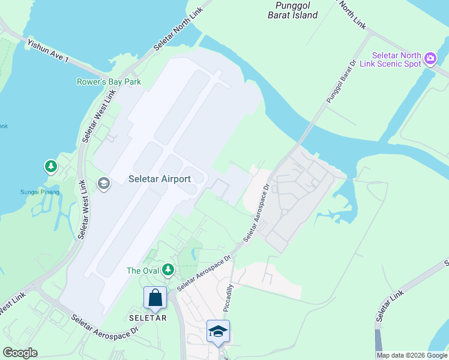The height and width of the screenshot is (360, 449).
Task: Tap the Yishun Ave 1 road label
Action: (48, 52)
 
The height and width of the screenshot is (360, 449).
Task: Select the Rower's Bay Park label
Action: (109, 82)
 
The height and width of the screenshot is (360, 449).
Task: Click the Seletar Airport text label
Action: (160, 179)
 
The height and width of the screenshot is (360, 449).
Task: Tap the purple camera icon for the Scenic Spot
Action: (430, 59)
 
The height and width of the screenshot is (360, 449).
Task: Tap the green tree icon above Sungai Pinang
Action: (51, 166)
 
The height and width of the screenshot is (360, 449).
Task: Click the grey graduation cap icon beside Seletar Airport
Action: (103, 183)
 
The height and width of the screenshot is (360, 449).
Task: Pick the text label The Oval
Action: (142, 271)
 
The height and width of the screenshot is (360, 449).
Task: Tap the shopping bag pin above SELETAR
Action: (155, 298)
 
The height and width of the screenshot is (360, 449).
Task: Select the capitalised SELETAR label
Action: (148, 318)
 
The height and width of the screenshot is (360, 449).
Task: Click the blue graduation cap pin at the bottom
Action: (218, 332)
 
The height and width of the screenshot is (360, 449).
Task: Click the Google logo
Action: (20, 353)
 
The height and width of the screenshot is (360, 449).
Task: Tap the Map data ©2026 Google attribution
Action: (411, 355)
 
